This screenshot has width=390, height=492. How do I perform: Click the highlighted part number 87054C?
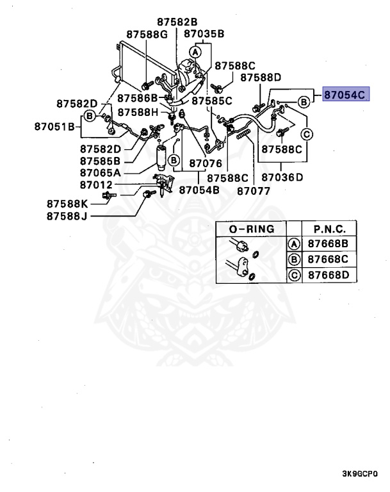(x=345, y=95)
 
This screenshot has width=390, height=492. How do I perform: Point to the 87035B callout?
(x=204, y=34)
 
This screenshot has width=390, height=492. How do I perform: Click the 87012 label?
(x=97, y=185)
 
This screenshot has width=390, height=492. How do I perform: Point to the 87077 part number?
(x=254, y=190)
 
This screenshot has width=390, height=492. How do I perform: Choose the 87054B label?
(x=199, y=190)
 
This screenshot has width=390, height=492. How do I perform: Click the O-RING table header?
(x=252, y=229)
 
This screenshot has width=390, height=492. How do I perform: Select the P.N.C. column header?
(x=330, y=229)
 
